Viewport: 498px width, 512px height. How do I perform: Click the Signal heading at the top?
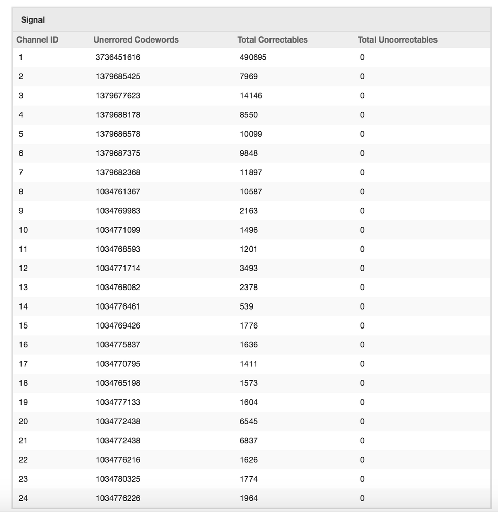pos(33,20)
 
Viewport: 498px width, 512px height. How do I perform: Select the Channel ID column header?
pos(37,39)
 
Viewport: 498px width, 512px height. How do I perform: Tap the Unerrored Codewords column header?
pos(136,39)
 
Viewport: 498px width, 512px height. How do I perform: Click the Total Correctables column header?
pos(273,39)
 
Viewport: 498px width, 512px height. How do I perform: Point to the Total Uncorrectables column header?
pos(398,39)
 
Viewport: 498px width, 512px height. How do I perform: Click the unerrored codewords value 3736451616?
pos(118,57)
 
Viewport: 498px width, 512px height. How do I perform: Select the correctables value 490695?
pos(253,57)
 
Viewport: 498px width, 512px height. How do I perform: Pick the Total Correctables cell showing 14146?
pos(251,96)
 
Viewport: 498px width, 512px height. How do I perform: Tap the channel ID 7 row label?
pos(21,172)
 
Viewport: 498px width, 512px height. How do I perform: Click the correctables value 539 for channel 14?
pos(246,306)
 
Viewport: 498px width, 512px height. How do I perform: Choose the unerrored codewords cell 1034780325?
pos(118,479)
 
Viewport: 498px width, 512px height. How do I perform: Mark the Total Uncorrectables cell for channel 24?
pos(362,498)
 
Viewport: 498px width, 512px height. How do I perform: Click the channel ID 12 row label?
pos(23,268)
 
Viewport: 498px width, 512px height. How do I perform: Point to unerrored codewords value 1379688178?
pos(118,115)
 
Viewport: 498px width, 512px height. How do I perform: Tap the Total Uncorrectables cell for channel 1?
pos(362,57)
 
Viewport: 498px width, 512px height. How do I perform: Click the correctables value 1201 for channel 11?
pos(248,249)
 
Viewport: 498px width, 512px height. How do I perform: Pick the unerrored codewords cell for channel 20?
pos(118,422)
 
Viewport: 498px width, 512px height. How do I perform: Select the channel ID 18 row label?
pos(23,383)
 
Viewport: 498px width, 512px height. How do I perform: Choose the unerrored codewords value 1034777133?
pos(118,402)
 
